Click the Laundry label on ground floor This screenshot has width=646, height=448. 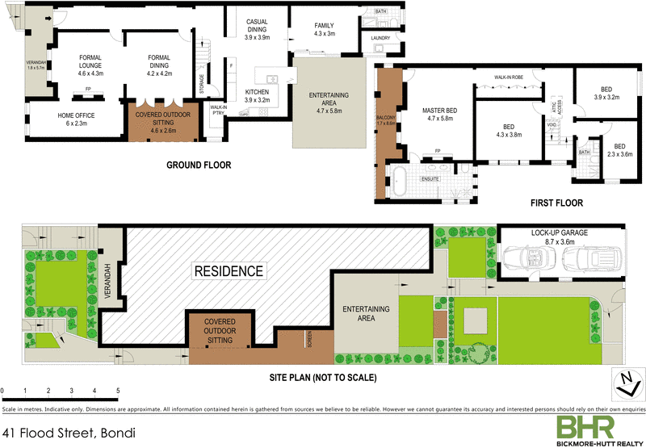(x=380, y=38)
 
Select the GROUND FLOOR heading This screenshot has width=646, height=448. (x=199, y=165)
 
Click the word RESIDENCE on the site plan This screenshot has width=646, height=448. (x=228, y=271)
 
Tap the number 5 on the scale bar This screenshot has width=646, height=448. (x=118, y=391)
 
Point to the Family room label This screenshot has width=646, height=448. (x=324, y=30)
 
